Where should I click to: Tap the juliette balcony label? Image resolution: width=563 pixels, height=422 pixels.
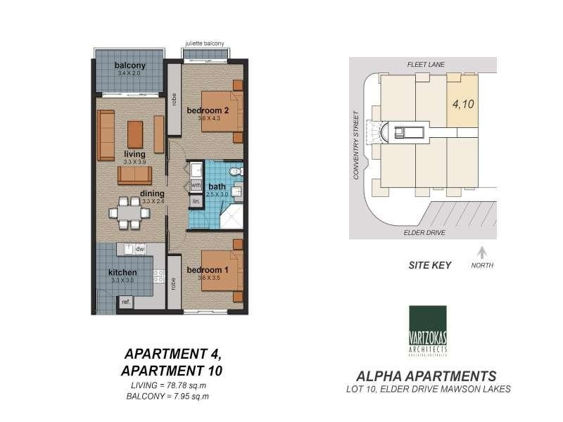pyautogui.click(x=204, y=44)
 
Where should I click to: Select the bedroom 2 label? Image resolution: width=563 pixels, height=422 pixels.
pyautogui.click(x=208, y=110)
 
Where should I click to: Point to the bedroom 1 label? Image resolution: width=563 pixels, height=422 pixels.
pyautogui.click(x=208, y=270)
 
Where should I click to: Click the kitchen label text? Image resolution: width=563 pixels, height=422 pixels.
pyautogui.click(x=122, y=273)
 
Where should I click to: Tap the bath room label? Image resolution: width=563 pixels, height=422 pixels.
pyautogui.click(x=217, y=187)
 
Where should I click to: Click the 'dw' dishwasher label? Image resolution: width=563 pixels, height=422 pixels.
pyautogui.click(x=140, y=249)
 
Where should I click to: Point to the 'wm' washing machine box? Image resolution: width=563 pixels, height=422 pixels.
pyautogui.click(x=196, y=185)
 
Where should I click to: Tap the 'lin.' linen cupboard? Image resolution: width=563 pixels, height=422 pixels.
pyautogui.click(x=196, y=201)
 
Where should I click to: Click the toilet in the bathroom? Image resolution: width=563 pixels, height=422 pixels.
pyautogui.click(x=236, y=171)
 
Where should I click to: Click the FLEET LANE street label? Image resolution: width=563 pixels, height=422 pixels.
pyautogui.click(x=424, y=64)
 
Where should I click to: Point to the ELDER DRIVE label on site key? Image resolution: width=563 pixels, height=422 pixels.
pyautogui.click(x=424, y=233)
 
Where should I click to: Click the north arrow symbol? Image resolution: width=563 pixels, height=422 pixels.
pyautogui.click(x=481, y=252)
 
